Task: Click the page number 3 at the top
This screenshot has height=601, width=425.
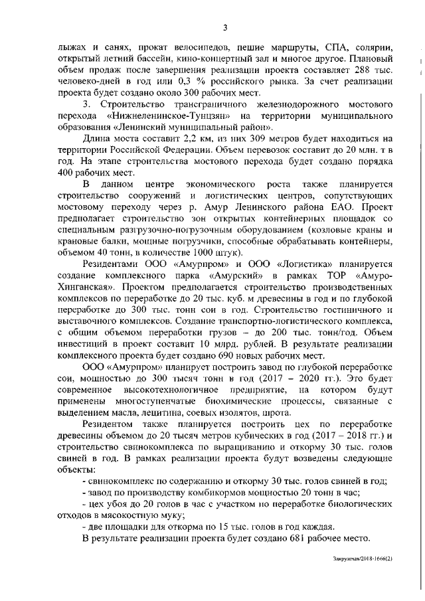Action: pos(225,27)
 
